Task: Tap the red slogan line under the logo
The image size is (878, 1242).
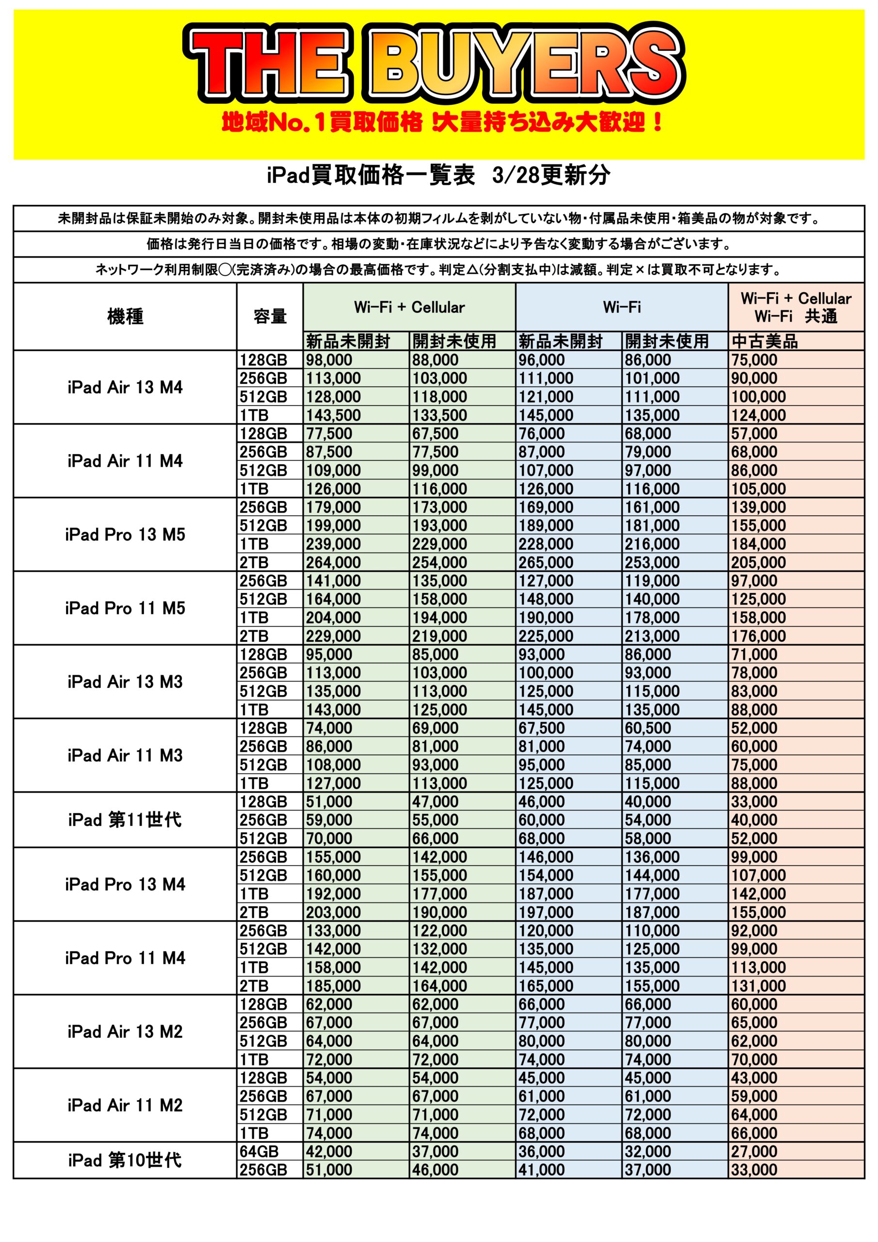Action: pos(442,123)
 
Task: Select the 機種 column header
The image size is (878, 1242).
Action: pos(125,316)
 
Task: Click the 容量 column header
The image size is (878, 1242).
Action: pos(269,316)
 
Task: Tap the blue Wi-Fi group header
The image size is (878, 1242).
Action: pos(621,307)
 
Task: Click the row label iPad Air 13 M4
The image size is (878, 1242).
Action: pos(125,387)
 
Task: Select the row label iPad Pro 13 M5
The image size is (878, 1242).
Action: pos(125,535)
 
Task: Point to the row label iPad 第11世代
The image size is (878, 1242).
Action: pos(125,819)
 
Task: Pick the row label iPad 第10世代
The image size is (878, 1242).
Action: pos(125,1160)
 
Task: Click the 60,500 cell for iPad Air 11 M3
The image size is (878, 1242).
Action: pos(648,728)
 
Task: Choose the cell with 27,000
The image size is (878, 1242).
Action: pos(754,1151)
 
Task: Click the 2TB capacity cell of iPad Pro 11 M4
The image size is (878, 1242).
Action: pos(254,985)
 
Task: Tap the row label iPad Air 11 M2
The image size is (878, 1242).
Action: pos(125,1105)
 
